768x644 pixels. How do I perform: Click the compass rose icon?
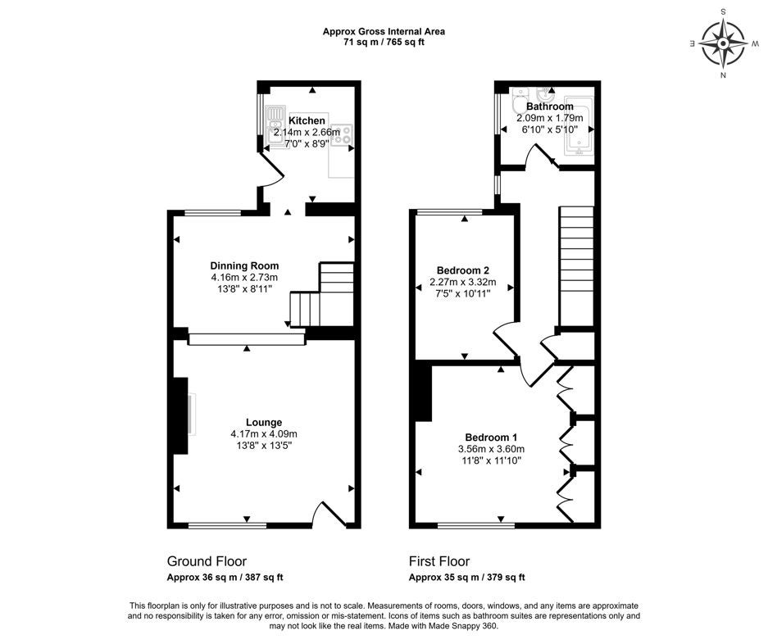click(x=723, y=43)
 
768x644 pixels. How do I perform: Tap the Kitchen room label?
click(x=307, y=120)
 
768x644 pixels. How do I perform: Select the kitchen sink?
click(x=275, y=126)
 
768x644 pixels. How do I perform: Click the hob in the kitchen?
click(x=342, y=134)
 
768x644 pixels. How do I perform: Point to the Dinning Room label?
click(x=244, y=266)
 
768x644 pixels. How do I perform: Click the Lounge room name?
click(x=264, y=422)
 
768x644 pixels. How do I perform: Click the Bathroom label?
click(x=549, y=107)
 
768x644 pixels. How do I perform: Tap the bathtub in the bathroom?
click(x=579, y=127)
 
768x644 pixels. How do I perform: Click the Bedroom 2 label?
click(x=463, y=270)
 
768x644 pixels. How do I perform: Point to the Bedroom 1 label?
click(x=491, y=438)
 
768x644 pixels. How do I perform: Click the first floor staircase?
click(x=576, y=266)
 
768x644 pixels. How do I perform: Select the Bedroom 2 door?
click(x=506, y=339)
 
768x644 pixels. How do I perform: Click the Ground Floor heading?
click(x=207, y=561)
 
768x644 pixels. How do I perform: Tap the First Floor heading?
click(x=439, y=561)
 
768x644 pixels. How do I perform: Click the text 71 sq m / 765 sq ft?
click(x=384, y=42)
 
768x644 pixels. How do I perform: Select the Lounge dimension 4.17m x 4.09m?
click(x=264, y=434)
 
